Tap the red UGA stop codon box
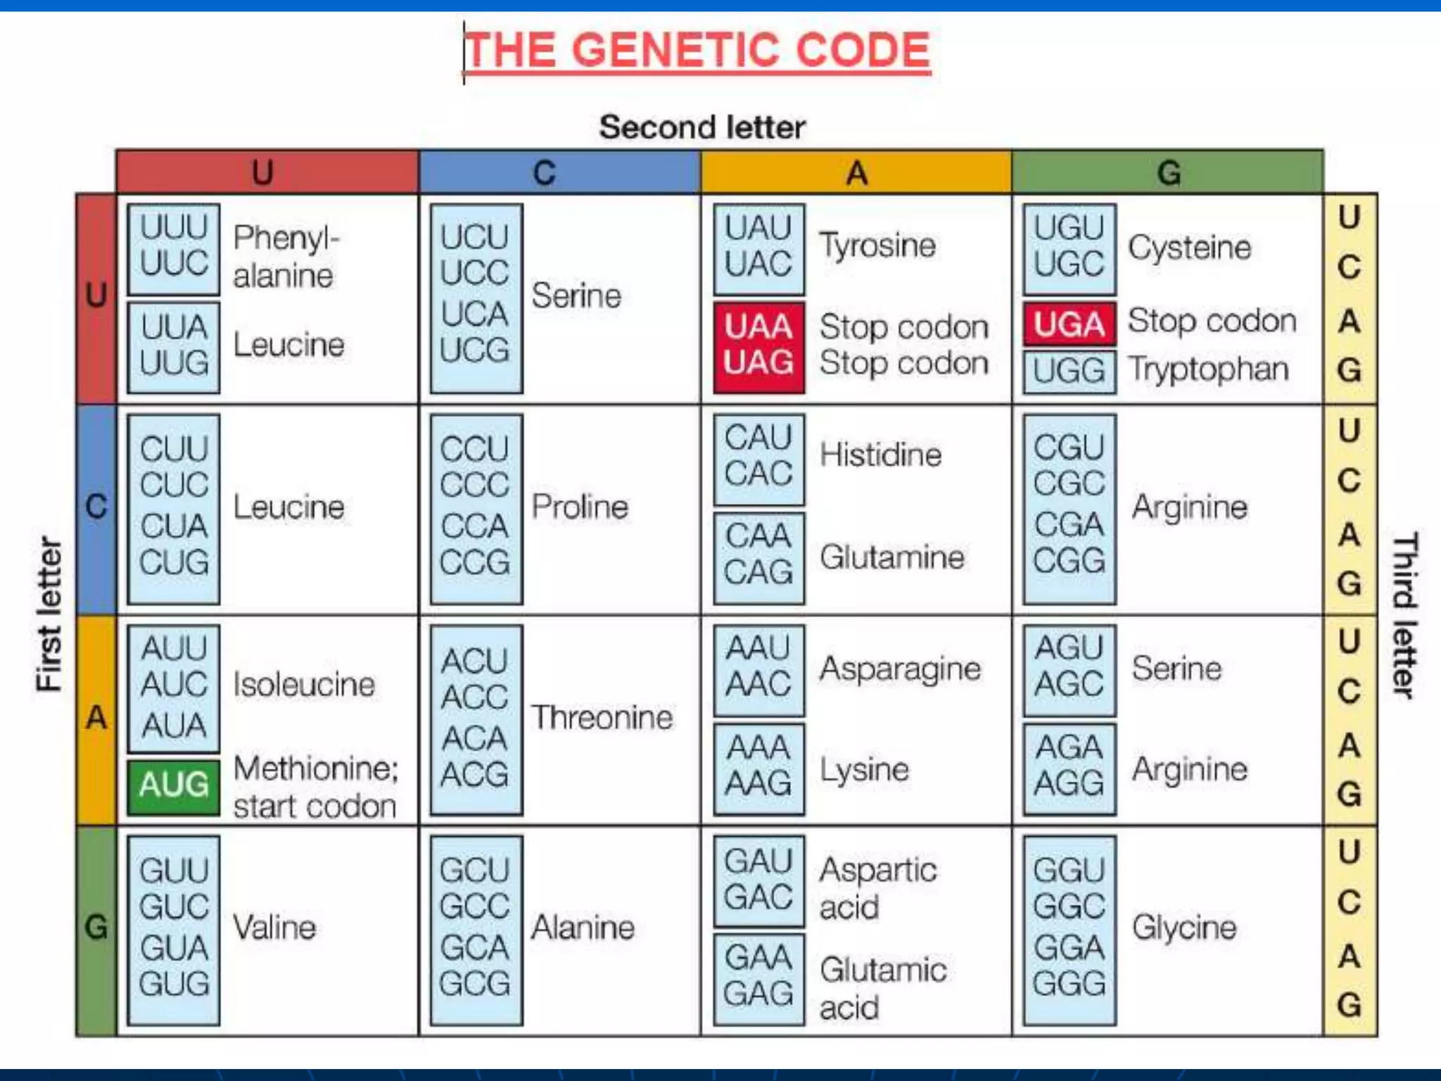pyautogui.click(x=1069, y=324)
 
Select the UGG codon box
pyautogui.click(x=1069, y=370)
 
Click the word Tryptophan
pyautogui.click(x=1208, y=369)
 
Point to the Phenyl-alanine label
pyautogui.click(x=285, y=256)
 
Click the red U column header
pyautogui.click(x=266, y=172)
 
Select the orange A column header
pyautogui.click(x=856, y=172)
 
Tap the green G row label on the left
pyautogui.click(x=96, y=928)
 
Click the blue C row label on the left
pyautogui.click(x=96, y=507)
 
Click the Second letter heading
pyautogui.click(x=702, y=127)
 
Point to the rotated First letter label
pyautogui.click(x=49, y=614)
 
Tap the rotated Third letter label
pyautogui.click(x=1404, y=615)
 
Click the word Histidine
pyautogui.click(x=880, y=455)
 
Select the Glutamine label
pyautogui.click(x=891, y=557)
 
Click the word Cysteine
pyautogui.click(x=1189, y=247)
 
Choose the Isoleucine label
pyautogui.click(x=304, y=684)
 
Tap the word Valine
pyautogui.click(x=274, y=928)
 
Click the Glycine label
pyautogui.click(x=1183, y=928)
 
